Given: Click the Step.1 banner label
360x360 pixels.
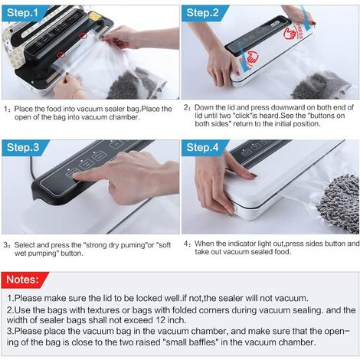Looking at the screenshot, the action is coord(22,13).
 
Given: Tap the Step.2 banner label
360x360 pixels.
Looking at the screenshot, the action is coord(202,13).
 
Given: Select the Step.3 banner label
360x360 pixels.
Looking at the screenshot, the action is coord(23,147).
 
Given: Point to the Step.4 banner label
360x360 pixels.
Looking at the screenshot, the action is coord(202,147).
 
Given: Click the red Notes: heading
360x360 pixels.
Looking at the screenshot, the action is coord(23,280).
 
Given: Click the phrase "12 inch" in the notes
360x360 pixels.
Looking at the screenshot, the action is coord(170,320).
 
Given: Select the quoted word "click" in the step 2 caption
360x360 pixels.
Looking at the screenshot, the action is coord(242,116).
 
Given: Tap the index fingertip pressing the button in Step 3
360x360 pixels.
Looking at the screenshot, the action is coord(77,176).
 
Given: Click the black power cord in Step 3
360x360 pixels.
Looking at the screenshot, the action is coord(33,168).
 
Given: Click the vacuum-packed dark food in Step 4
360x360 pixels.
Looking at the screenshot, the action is coord(339,202).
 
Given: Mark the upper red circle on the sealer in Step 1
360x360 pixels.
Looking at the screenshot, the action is coord(83,36).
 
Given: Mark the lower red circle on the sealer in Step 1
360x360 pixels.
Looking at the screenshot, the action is coord(61,54).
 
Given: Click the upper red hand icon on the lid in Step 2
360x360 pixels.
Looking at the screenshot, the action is coord(290,33).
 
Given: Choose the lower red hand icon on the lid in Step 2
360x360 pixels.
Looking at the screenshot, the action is coord(252,57).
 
